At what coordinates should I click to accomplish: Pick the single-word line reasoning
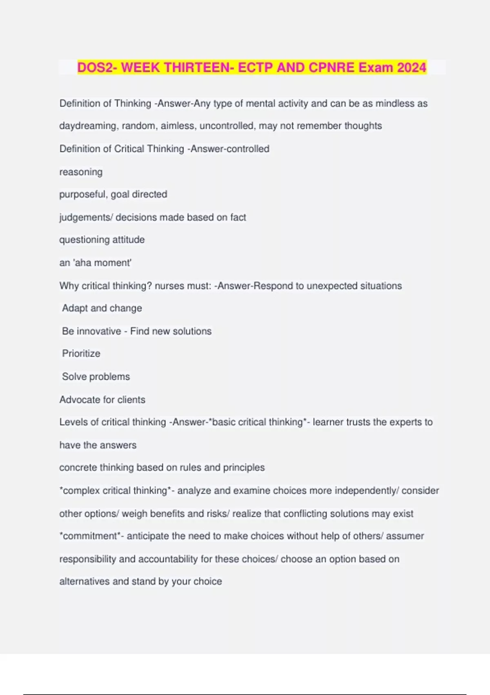pos(81,172)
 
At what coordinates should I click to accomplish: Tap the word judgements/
pos(86,217)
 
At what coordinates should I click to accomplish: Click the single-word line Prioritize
pos(81,354)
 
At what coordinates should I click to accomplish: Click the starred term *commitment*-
pos(91,536)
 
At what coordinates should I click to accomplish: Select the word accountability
pos(168,559)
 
